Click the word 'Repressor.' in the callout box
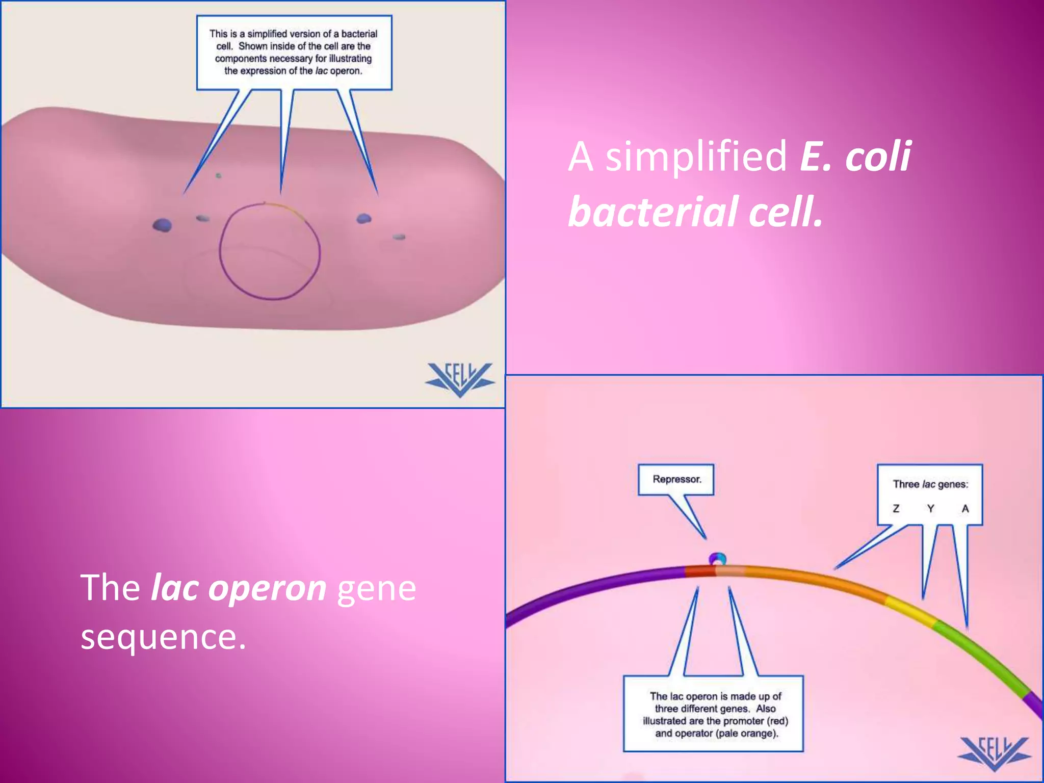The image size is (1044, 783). (676, 479)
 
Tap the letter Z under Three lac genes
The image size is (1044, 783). (896, 508)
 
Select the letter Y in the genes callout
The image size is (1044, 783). (930, 508)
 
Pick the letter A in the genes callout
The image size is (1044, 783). (964, 508)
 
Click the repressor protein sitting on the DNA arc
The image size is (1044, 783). (717, 559)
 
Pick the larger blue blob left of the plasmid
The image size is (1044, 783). (162, 225)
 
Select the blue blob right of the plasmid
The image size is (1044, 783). (363, 219)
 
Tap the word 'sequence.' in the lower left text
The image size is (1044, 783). (163, 637)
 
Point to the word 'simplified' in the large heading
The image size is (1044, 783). (696, 156)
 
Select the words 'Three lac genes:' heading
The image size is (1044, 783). (930, 484)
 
